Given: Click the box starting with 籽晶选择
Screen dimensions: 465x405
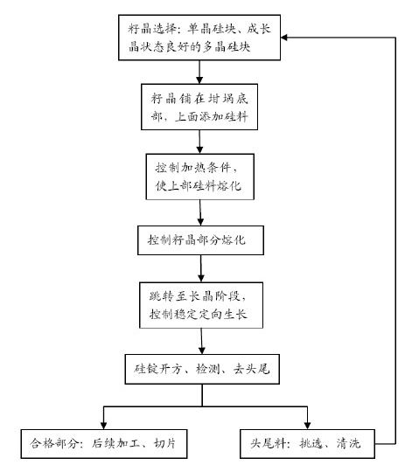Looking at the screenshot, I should click(x=202, y=38).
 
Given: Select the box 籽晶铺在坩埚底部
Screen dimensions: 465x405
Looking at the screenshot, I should click(x=202, y=107).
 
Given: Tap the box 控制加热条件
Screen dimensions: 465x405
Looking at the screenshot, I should click(x=202, y=177).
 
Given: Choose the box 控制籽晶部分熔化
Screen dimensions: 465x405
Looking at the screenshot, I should click(x=202, y=238).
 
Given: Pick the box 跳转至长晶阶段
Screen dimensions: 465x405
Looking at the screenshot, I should click(x=202, y=305).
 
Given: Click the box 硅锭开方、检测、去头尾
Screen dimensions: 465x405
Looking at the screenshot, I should click(x=202, y=368).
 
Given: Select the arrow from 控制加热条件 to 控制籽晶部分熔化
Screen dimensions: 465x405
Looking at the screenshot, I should click(x=202, y=214).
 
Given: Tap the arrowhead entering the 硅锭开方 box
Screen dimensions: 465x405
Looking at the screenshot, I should click(x=202, y=348).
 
